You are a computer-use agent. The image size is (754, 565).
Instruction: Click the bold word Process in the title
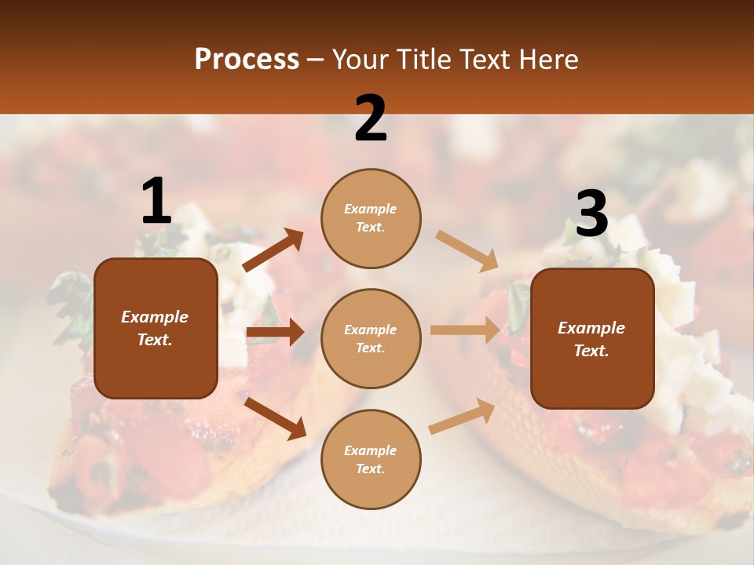click(x=247, y=60)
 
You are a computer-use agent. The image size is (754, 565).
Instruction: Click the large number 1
click(x=156, y=202)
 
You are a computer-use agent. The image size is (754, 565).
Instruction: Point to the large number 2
click(x=371, y=118)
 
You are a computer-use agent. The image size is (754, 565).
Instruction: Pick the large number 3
click(x=591, y=214)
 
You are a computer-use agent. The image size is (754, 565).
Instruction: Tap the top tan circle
click(x=371, y=218)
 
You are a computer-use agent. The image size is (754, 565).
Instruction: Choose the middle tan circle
click(x=371, y=338)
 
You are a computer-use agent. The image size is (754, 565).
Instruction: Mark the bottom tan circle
click(x=371, y=459)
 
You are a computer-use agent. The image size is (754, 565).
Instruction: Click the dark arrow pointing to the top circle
click(x=273, y=250)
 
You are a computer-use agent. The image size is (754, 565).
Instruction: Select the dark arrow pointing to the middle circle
click(x=275, y=333)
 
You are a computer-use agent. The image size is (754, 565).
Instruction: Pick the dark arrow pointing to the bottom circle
click(x=276, y=418)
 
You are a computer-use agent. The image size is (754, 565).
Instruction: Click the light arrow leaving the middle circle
click(x=465, y=330)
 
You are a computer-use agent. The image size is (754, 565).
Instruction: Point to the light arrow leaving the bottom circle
click(x=462, y=417)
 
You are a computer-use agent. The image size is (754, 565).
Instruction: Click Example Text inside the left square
click(x=155, y=328)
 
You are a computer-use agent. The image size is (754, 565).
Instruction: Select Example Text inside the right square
click(x=591, y=339)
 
